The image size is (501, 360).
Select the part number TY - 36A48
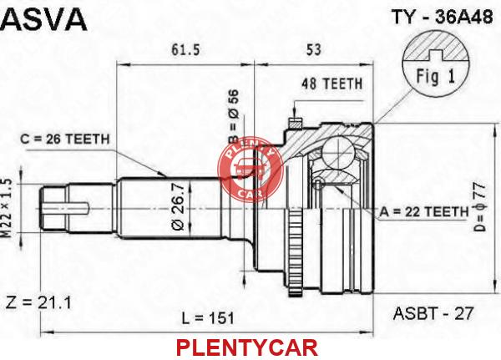click(443, 17)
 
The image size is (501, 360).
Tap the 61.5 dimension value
click(185, 49)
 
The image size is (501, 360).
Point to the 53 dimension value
click(313, 49)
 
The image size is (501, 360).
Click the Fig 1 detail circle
click(436, 63)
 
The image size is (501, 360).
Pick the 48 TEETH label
click(331, 84)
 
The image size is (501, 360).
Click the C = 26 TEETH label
click(65, 139)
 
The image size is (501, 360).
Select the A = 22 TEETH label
click(424, 211)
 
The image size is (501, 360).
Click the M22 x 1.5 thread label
click(7, 208)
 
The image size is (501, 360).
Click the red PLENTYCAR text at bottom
click(247, 347)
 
